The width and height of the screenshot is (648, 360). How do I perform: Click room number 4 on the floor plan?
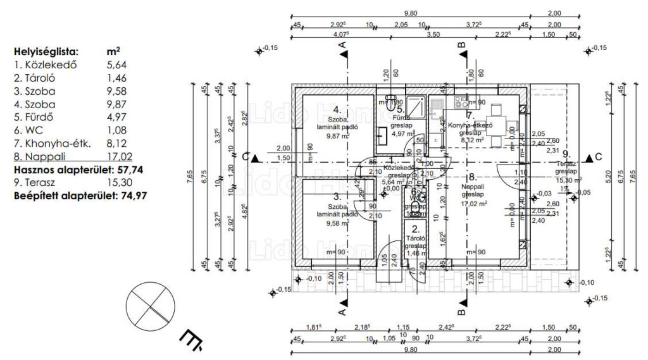pos(337,108)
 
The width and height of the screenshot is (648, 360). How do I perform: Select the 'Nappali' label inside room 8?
pos(471,186)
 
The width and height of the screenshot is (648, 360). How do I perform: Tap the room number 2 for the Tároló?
pos(415,230)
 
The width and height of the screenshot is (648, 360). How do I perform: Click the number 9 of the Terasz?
pos(566,154)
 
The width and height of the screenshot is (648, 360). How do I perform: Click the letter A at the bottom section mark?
pos(342,311)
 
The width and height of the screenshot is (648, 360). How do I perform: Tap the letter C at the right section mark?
pos(597,157)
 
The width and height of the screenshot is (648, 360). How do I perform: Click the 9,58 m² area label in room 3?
pos(338,223)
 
